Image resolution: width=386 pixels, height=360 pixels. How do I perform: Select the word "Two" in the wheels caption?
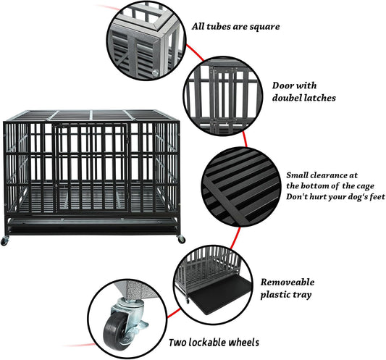click(x=180, y=343)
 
